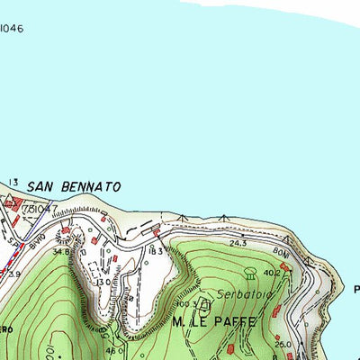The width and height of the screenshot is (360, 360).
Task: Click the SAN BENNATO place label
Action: pyautogui.click(x=74, y=186)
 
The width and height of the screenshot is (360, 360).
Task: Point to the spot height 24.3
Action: pyautogui.click(x=238, y=243)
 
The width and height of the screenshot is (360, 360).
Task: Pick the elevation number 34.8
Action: pyautogui.click(x=61, y=252)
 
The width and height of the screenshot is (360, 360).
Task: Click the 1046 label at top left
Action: pyautogui.click(x=11, y=29)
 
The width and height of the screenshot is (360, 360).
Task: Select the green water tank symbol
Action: pyautogui.click(x=249, y=273)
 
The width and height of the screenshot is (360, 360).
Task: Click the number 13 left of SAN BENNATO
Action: pyautogui.click(x=13, y=184)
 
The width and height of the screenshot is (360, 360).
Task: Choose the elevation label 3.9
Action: pyautogui.click(x=13, y=274)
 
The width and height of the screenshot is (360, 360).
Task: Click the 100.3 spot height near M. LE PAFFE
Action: pyautogui.click(x=189, y=306)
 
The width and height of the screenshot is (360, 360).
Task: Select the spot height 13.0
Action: pyautogui.click(x=104, y=282)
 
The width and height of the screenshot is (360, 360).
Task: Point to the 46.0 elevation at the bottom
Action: pyautogui.click(x=115, y=350)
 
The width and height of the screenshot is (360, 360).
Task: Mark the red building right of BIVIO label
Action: pyautogui.click(x=65, y=231)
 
